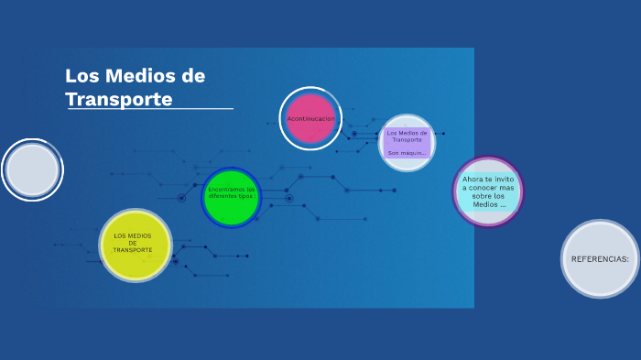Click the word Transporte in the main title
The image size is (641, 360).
point(119,99)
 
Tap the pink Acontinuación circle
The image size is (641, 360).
point(310,118)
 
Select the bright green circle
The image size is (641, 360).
point(232,197)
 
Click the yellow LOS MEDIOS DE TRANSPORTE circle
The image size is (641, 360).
point(135,245)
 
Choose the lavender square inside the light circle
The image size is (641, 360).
point(407,143)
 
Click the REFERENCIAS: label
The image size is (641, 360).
point(600,259)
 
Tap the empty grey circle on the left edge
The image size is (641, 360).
point(32,169)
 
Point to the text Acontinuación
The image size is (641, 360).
point(310,119)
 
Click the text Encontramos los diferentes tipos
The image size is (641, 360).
point(232,193)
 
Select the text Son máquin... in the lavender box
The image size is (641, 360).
point(407,153)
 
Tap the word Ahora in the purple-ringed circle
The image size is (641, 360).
point(473,179)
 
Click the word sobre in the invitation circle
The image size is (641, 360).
point(482,196)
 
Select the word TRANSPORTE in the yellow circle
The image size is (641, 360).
point(133,250)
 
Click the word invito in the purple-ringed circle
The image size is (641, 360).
point(504,179)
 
